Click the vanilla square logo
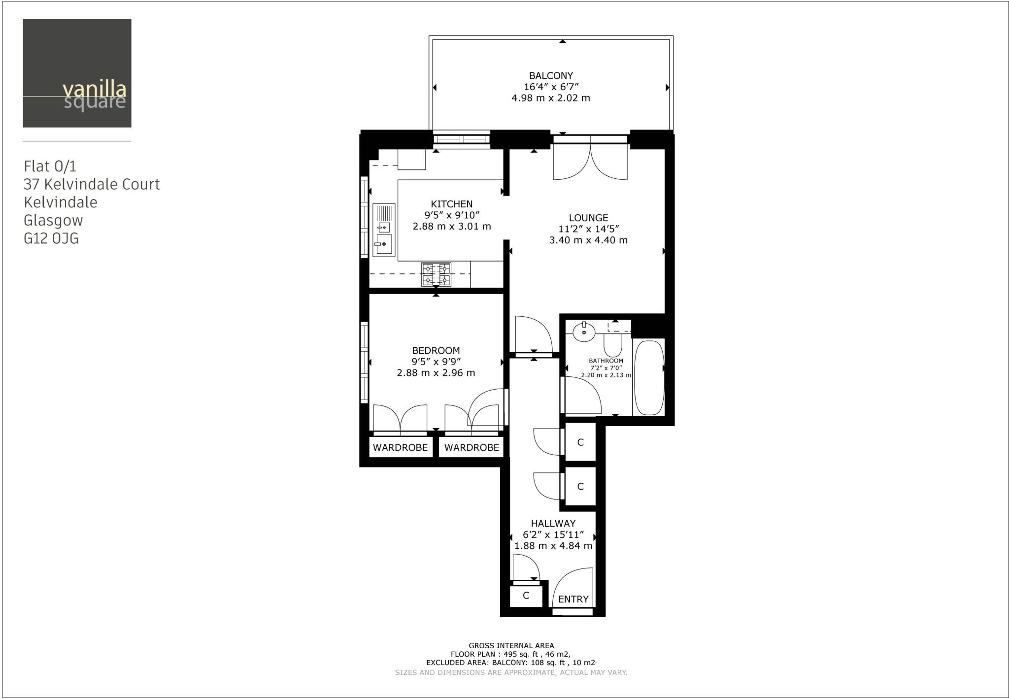coord(77,73)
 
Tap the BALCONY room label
coord(551,76)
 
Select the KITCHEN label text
coord(451,204)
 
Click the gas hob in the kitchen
coord(436,274)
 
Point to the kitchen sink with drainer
coord(384,230)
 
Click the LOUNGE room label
coord(588,218)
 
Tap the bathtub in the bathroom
coord(649,377)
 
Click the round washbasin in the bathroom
coord(584,333)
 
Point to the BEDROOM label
coord(436,351)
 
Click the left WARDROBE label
coord(400,448)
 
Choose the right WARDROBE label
coord(471,448)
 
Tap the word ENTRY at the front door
coord(573,599)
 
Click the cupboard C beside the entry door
coord(526,596)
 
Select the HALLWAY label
coord(553,524)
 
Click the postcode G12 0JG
coord(51,239)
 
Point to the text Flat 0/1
coord(50,166)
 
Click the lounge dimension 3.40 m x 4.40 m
coord(588,240)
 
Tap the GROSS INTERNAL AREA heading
coord(511,645)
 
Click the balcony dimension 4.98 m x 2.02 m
coord(550,98)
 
